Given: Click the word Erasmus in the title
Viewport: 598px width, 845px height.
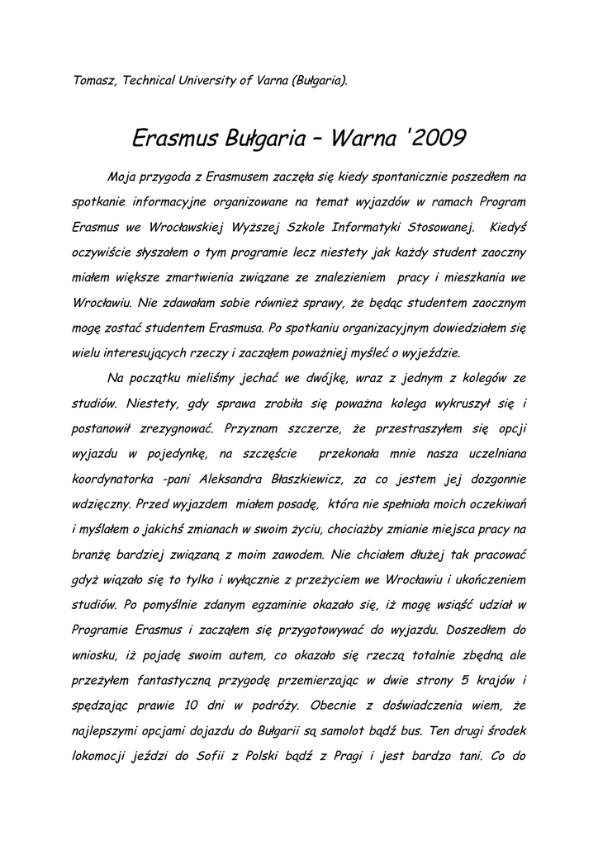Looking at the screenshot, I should pos(176,135).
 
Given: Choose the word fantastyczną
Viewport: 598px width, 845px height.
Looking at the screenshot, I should pos(176,681).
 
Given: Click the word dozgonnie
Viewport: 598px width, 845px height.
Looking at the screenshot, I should pos(494,479).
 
